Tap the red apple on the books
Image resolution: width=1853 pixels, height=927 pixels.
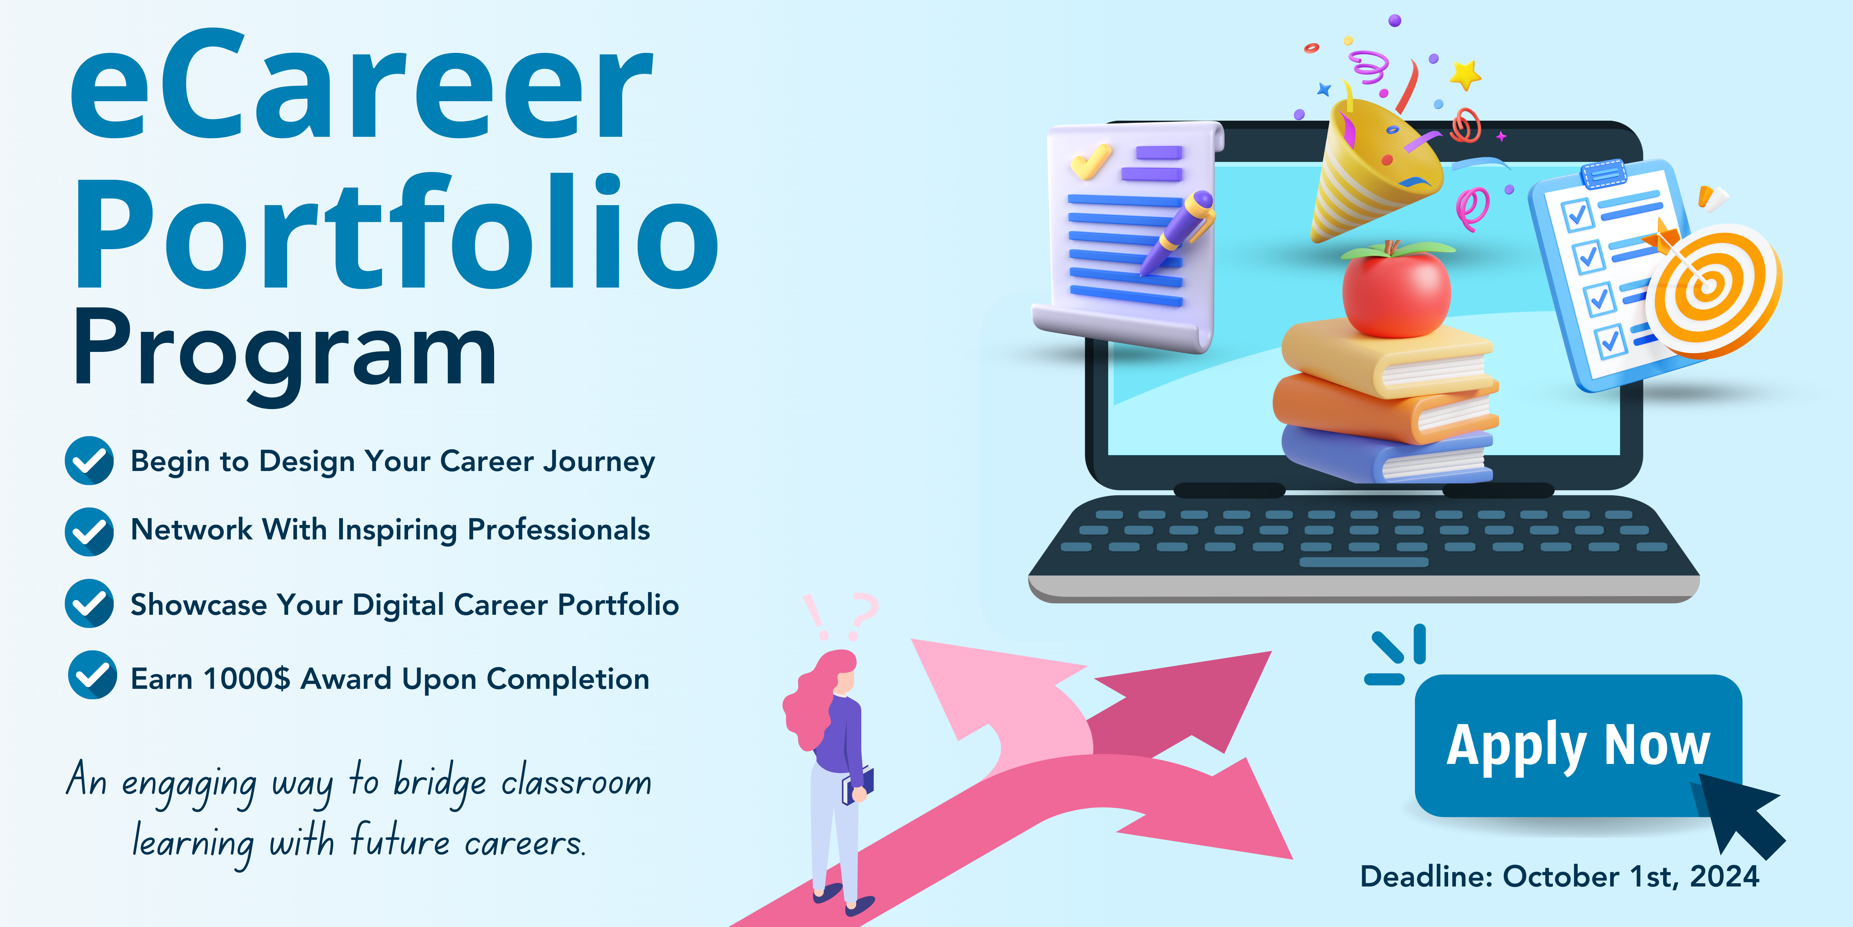(x=1396, y=289)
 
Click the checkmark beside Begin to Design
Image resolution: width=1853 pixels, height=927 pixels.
(x=89, y=461)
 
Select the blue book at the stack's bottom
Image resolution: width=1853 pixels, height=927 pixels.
(x=1387, y=453)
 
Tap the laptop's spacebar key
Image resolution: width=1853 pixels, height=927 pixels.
(x=1363, y=562)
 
